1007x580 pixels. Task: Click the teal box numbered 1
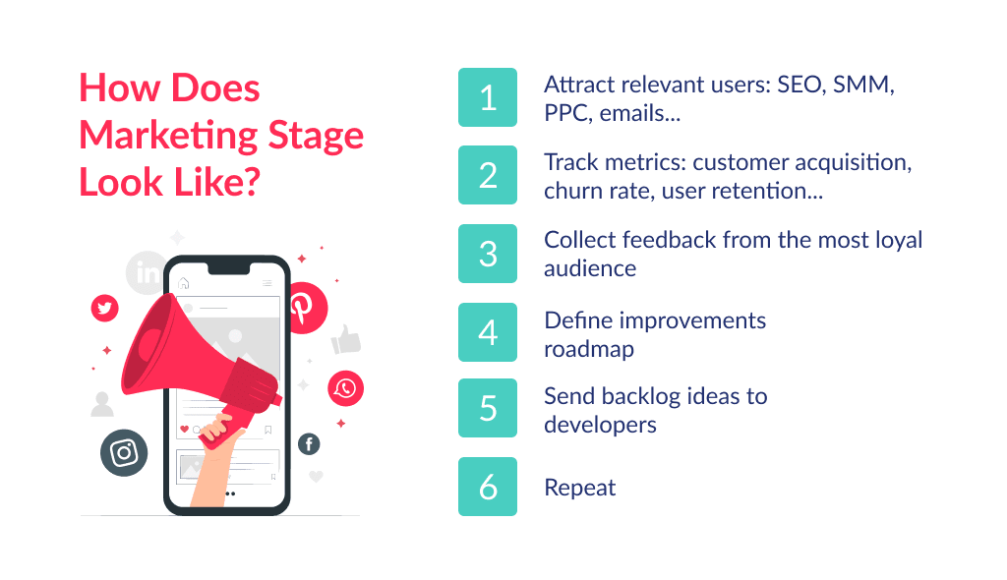pos(488,97)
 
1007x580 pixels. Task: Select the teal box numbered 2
pos(488,175)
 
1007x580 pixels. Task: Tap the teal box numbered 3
pos(488,254)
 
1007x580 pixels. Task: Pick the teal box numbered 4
pos(488,332)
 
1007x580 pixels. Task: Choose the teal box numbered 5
pos(488,409)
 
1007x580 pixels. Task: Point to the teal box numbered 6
pos(488,487)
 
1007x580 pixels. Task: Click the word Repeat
pos(580,488)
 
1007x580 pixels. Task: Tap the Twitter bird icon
pos(104,308)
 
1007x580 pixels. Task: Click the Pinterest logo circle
pos(303,306)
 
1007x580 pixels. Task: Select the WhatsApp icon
pos(345,388)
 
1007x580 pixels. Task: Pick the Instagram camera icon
pos(124,453)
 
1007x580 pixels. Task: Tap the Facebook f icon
pos(309,444)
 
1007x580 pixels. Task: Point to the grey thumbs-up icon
pos(346,339)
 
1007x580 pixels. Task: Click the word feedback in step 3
pos(660,241)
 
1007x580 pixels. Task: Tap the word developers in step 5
pos(600,425)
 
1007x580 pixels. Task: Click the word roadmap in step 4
pos(589,348)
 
